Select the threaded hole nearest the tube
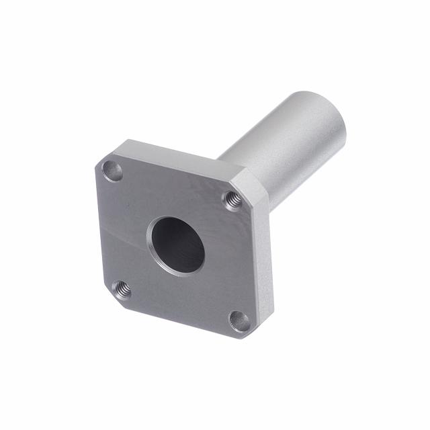tap(233, 200)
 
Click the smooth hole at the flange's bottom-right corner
tap(239, 320)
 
